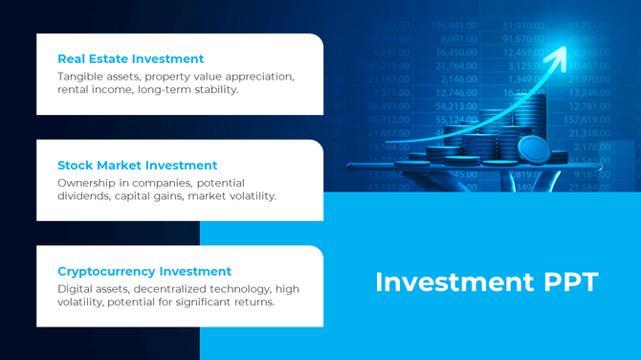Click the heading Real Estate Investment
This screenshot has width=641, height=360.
[x=130, y=58]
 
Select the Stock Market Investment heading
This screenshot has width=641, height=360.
[x=137, y=165]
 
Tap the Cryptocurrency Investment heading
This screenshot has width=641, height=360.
[x=144, y=271]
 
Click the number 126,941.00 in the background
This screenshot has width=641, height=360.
[x=455, y=26]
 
